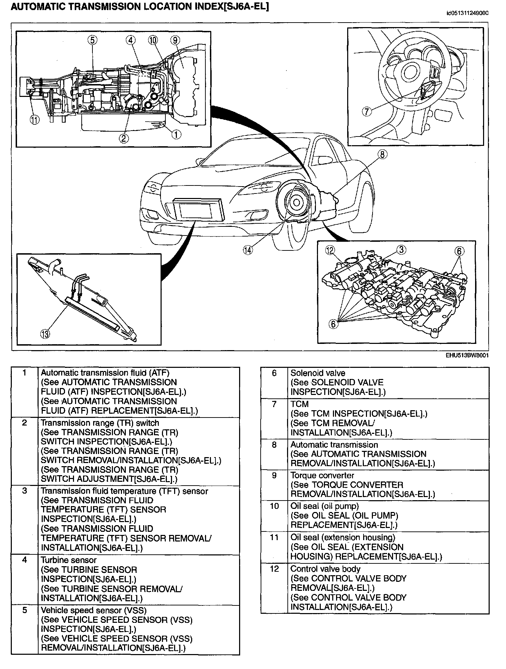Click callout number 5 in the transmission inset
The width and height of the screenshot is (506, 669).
click(x=92, y=40)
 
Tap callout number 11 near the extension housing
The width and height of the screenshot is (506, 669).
click(x=35, y=120)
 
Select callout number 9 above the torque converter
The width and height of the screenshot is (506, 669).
click(x=175, y=40)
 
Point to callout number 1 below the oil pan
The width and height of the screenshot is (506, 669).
click(x=177, y=134)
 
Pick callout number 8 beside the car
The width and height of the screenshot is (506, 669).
click(x=382, y=154)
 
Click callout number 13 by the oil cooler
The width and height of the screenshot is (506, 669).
click(x=45, y=334)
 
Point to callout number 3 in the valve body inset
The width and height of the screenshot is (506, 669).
click(x=401, y=249)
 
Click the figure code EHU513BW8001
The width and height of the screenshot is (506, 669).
click(x=467, y=356)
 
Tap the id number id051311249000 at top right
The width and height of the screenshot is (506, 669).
click(x=467, y=13)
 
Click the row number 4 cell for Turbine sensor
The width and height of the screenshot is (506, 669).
click(x=24, y=560)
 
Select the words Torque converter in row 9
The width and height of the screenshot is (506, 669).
click(x=322, y=476)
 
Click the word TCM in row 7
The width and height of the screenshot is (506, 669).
click(x=300, y=404)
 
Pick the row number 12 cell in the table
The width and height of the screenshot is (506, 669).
click(x=274, y=569)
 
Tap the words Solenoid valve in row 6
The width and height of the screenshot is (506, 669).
click(x=318, y=373)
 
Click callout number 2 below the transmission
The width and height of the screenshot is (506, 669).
click(x=123, y=138)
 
